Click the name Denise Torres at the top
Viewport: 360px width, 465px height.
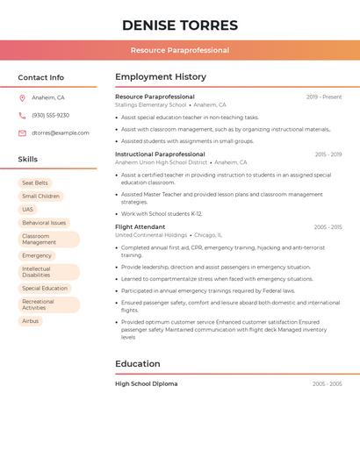[x=180, y=25]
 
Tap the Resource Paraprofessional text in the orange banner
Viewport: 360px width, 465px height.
[x=180, y=50]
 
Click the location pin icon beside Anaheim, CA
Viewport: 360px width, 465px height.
[x=22, y=97]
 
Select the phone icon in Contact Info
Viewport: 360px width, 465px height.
[x=22, y=115]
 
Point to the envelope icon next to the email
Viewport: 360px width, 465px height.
[x=22, y=133]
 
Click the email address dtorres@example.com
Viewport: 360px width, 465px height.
[x=61, y=133]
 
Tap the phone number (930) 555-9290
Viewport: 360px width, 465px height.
[x=50, y=115]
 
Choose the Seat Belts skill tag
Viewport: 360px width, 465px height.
[x=35, y=183]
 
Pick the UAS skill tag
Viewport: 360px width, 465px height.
[x=28, y=210]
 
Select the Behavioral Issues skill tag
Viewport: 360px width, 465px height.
[x=44, y=223]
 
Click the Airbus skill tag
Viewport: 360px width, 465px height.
[x=31, y=321]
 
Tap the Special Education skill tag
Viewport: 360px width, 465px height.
[x=45, y=289]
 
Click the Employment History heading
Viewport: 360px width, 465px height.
[x=161, y=77]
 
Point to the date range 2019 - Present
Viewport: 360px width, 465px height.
[x=324, y=97]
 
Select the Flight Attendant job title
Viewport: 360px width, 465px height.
[x=140, y=227]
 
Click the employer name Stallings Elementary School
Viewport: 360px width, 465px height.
[x=151, y=104]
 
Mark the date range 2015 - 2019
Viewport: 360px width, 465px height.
[x=328, y=154]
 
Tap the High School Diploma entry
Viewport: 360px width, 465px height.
[x=146, y=383]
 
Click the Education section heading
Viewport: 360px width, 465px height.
[x=138, y=364]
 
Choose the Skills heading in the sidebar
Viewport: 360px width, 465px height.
[x=27, y=160]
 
